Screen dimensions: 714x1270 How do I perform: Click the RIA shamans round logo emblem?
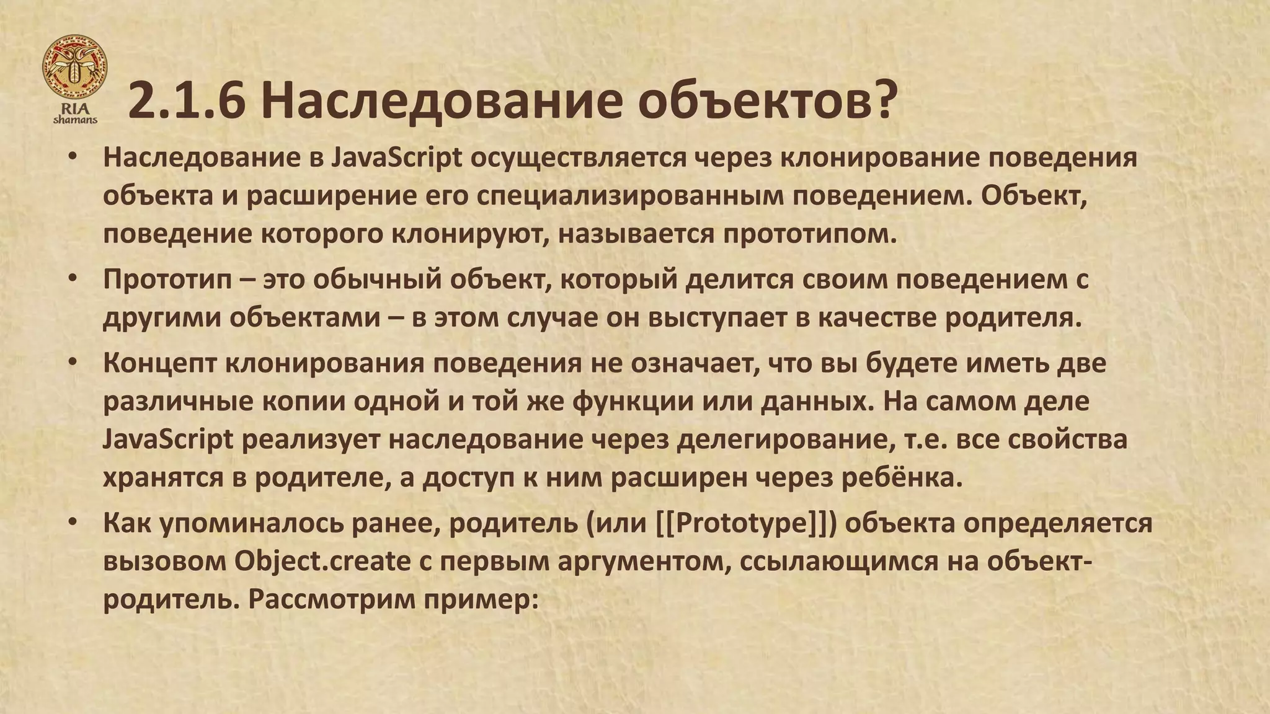pos(74,66)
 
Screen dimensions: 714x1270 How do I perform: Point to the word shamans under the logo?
pos(75,120)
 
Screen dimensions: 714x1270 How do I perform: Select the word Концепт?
pos(159,363)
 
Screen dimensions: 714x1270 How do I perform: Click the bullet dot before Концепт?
pos(73,362)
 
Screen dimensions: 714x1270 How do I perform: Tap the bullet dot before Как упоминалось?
pos(73,522)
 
